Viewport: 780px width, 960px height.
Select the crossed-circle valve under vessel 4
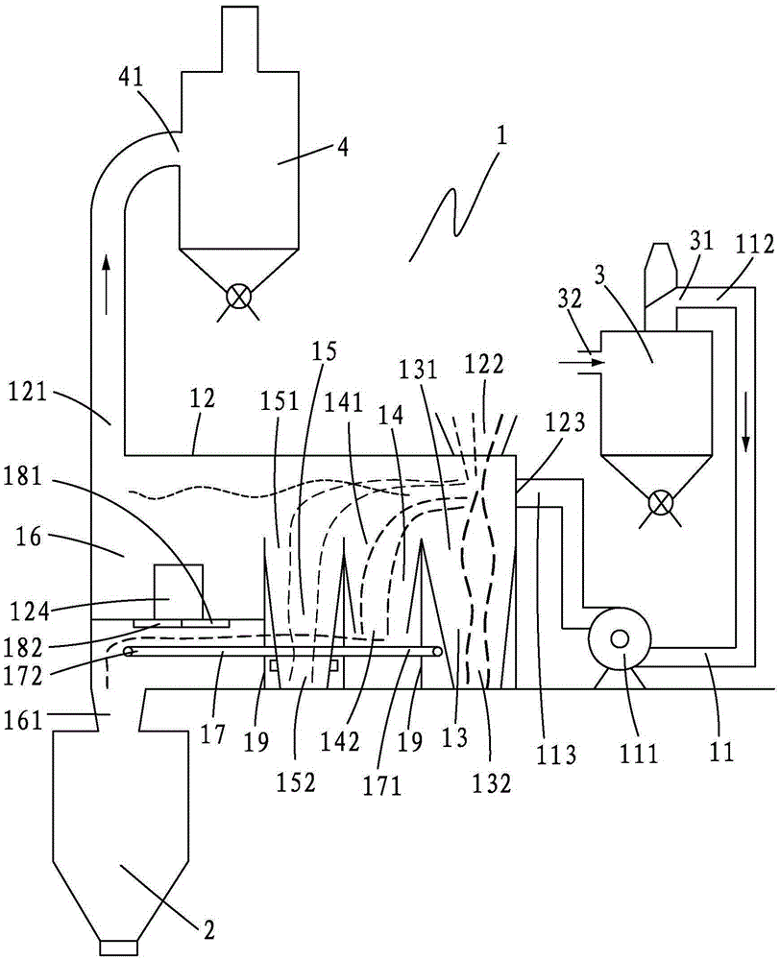pos(237,296)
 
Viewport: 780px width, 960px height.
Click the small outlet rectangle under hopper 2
pos(118,948)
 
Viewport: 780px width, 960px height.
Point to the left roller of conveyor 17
pos(129,652)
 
